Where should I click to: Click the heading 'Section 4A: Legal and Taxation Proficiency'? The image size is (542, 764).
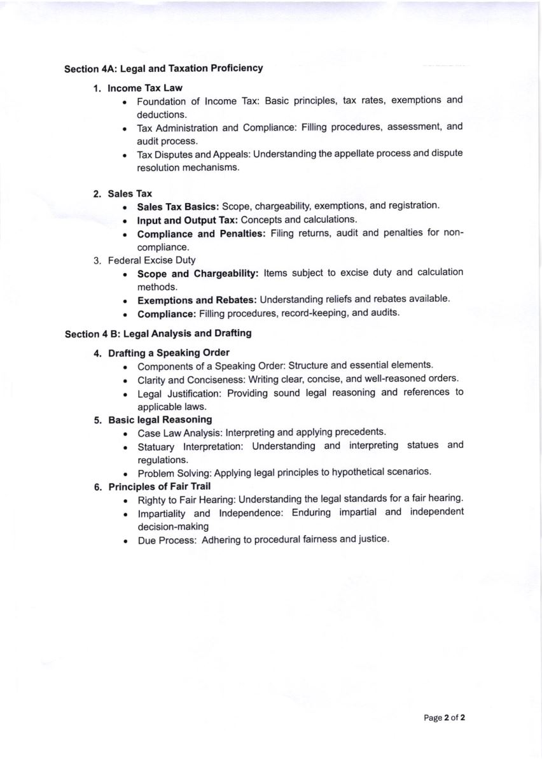pos(163,68)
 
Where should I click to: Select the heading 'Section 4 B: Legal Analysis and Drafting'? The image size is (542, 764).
pos(158,334)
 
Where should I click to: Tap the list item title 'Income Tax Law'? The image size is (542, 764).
pos(145,88)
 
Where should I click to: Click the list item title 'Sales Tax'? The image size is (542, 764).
pos(130,193)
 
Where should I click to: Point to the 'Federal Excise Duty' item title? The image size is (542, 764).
pos(151,260)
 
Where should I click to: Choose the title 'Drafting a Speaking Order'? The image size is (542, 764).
pos(169,353)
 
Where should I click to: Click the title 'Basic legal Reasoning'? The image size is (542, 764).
pos(160,420)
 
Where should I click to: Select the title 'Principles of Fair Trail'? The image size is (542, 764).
pos(159,487)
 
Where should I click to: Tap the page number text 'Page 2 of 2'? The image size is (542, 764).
pos(445,718)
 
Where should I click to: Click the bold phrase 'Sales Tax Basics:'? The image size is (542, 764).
pos(178,206)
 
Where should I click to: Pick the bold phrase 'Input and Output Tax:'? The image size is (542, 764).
pos(188,220)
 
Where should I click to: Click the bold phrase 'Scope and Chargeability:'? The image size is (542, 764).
pos(198,273)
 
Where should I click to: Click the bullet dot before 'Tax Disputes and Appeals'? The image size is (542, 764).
pos(126,155)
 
